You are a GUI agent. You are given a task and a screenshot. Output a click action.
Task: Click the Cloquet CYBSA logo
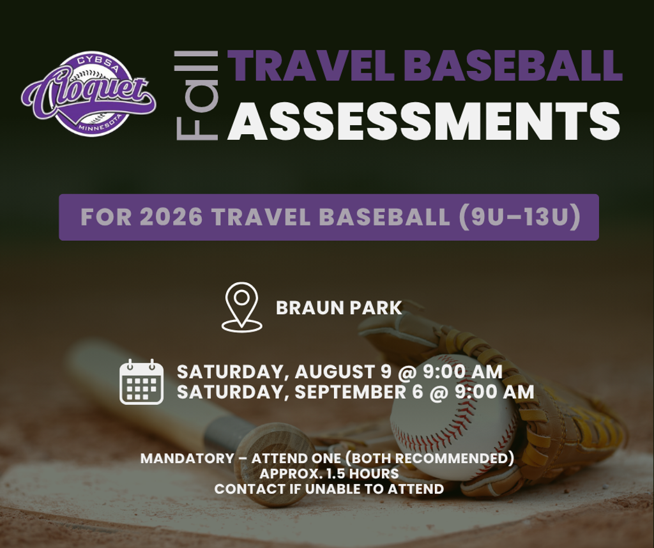(89, 94)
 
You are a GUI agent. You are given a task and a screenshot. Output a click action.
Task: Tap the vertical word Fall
(197, 96)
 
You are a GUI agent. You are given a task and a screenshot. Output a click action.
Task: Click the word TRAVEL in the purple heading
(312, 66)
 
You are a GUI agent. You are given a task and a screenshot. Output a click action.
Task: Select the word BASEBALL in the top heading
(513, 66)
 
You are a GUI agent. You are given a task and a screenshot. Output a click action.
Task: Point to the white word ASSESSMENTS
(424, 121)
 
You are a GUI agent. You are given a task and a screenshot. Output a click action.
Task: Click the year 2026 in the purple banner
(171, 217)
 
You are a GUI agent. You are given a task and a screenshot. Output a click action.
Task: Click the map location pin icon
(242, 307)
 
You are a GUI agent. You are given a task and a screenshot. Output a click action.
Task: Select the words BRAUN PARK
(338, 308)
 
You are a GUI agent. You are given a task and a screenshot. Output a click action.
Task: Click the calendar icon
(141, 381)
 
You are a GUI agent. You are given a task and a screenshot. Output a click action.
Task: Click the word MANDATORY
(187, 459)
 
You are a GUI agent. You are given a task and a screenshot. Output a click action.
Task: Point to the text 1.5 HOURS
(363, 474)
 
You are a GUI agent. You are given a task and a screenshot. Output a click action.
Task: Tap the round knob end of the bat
(275, 463)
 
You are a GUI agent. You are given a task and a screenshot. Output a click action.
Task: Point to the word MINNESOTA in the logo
(100, 125)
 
